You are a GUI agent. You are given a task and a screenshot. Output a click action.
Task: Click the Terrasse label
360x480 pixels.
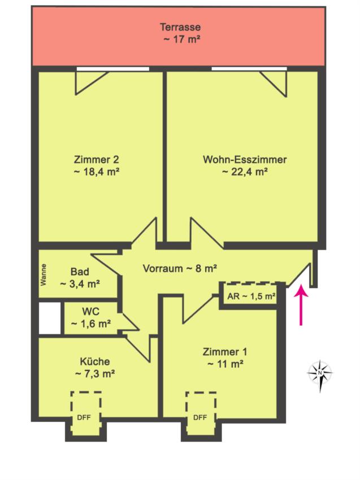pos(180,27)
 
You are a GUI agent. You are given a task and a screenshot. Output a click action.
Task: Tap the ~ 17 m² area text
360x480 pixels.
pos(182,39)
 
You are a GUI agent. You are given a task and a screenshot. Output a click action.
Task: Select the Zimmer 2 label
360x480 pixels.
pos(96,159)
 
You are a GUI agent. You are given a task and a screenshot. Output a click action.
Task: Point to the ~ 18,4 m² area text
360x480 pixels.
pos(96,172)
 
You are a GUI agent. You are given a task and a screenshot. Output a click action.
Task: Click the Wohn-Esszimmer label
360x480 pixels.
pos(245,159)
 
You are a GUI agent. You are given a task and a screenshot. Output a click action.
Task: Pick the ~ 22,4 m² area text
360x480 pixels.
pos(245,172)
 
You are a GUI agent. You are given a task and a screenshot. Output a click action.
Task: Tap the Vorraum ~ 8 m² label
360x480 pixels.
pos(180,268)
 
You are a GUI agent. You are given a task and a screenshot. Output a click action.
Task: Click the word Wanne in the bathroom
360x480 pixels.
pos(44,275)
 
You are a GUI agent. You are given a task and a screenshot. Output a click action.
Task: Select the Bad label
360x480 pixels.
pos(80,272)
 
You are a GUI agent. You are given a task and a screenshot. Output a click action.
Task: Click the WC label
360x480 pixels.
pos(90,311)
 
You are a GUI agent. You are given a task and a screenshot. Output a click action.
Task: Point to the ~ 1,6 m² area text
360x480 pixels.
pos(90,324)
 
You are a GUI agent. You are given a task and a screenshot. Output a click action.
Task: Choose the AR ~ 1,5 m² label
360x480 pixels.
pos(251,296)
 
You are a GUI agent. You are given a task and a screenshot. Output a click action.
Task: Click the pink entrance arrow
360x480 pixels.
pos(301,305)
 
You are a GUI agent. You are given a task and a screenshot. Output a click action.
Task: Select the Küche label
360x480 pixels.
pos(95,361)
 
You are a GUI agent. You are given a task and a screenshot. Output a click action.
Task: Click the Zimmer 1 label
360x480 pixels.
pos(225,352)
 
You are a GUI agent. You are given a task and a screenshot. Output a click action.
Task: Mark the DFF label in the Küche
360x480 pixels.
pos(84,417)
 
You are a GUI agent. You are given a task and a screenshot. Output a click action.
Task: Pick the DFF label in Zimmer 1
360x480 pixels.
pos(200,417)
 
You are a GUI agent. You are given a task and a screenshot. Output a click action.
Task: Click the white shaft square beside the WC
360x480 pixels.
pos(50,318)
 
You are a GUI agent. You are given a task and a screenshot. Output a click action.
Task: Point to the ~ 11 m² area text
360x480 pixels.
pos(225,364)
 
